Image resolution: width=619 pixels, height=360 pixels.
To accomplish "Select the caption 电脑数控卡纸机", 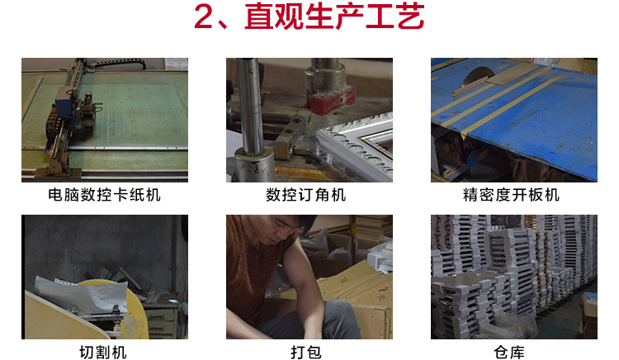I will (x=104, y=196).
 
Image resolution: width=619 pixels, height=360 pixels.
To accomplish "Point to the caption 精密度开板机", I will (x=512, y=196).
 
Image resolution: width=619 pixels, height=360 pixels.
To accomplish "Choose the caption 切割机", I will (x=104, y=353).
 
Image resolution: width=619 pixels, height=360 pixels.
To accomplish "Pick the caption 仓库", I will (x=513, y=353).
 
